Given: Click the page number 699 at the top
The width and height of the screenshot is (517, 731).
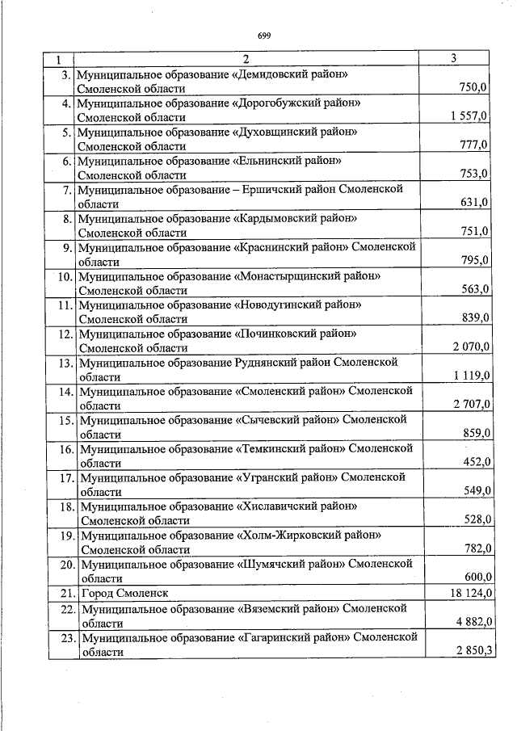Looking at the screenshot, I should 263,36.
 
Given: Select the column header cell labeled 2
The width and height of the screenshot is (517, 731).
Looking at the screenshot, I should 246,59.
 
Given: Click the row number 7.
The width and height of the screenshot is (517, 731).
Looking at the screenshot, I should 67,190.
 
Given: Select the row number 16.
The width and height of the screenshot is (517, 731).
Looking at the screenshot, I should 65,449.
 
